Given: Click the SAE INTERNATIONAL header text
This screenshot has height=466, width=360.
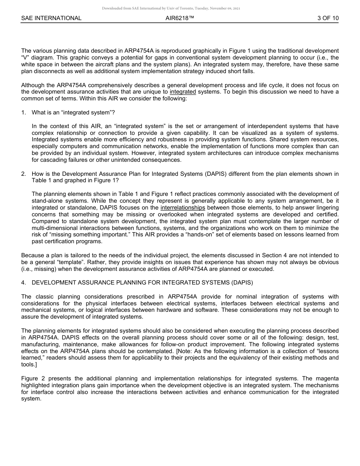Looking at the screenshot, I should click(51, 18).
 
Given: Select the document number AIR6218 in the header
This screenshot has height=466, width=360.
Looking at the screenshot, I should click(180, 18).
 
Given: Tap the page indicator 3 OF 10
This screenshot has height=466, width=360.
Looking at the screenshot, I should click(328, 18).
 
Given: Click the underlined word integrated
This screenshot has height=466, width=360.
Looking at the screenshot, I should click(183, 92).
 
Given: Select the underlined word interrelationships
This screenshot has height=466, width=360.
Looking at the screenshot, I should click(183, 208).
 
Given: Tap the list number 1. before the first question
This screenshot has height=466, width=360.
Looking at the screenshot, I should click(24, 113).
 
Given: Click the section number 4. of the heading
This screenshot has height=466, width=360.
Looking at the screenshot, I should click(24, 283).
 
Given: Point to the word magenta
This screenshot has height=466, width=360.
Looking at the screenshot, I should click(326, 378).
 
